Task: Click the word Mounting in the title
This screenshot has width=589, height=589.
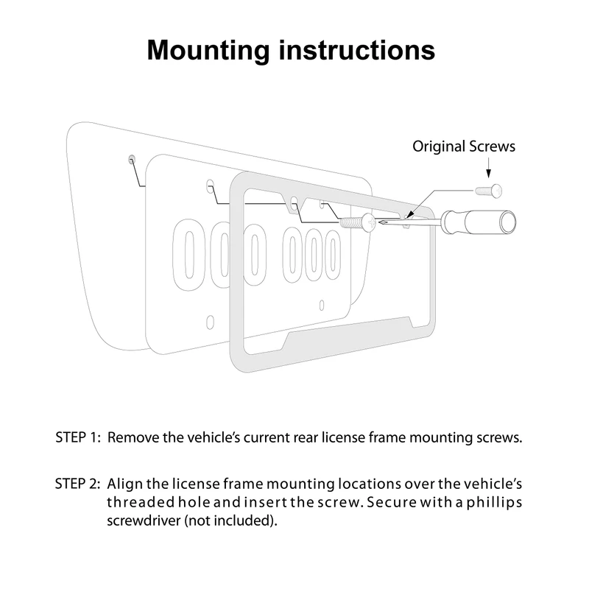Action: (208, 50)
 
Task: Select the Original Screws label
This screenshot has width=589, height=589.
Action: (464, 146)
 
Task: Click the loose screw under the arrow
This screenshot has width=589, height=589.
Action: (488, 189)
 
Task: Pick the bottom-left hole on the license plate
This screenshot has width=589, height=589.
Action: (211, 321)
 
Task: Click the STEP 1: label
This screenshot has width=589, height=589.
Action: (77, 437)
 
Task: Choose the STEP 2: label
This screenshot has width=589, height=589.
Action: (77, 484)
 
